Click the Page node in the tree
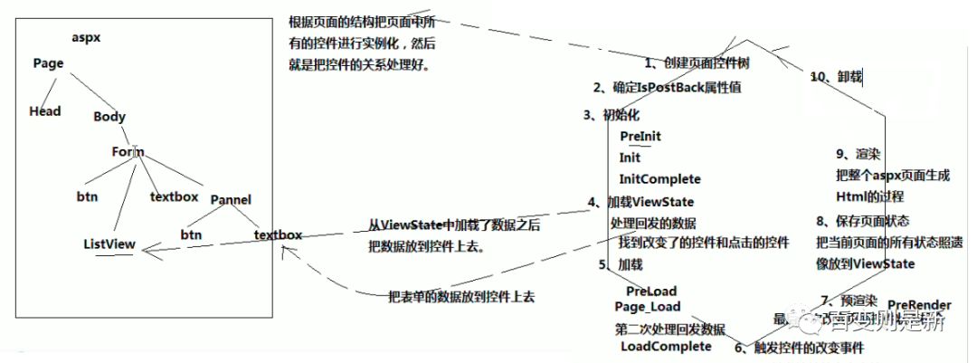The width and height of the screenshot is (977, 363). tap(48, 63)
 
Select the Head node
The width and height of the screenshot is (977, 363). tap(45, 111)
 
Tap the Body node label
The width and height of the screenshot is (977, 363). tap(109, 117)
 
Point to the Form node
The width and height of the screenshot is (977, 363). tap(128, 152)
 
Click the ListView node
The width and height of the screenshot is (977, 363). tap(109, 244)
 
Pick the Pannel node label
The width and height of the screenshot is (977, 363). tap(230, 200)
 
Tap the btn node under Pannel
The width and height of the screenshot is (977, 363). tap(191, 234)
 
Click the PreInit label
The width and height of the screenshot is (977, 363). tap(640, 136)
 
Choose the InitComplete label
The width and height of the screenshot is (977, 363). tap(659, 179)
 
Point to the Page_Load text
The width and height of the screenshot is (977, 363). tap(647, 307)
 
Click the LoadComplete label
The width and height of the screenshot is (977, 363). tap(666, 346)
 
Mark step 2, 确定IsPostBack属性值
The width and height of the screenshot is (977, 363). tap(669, 88)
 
